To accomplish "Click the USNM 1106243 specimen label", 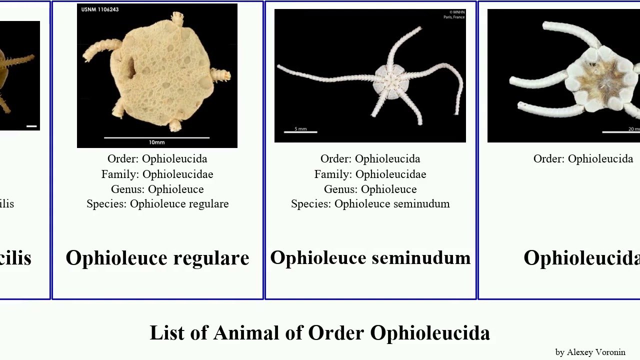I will pyautogui.click(x=100, y=9).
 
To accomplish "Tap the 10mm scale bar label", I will pyautogui.click(x=156, y=142).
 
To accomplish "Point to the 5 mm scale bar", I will pyautogui.click(x=300, y=131).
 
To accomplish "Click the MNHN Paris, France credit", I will pyautogui.click(x=454, y=14).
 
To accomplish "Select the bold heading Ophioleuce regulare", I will pyautogui.click(x=157, y=258).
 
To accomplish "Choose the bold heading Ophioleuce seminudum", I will pyautogui.click(x=370, y=258).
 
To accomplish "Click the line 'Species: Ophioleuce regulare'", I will pyautogui.click(x=157, y=204).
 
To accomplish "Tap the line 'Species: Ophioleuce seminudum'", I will pyautogui.click(x=370, y=204).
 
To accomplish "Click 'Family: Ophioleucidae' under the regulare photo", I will pyautogui.click(x=157, y=174).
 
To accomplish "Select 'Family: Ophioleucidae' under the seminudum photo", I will pyautogui.click(x=370, y=174).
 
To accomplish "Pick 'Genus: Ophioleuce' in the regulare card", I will pyautogui.click(x=157, y=189).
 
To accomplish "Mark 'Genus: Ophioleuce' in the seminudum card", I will pyautogui.click(x=370, y=189).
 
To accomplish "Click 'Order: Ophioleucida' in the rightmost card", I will pyautogui.click(x=583, y=159).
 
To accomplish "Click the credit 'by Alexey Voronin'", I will pyautogui.click(x=590, y=352).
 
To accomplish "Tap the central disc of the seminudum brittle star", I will pyautogui.click(x=388, y=79).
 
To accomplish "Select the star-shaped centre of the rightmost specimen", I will pyautogui.click(x=608, y=77).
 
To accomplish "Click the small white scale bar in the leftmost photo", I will pyautogui.click(x=31, y=126).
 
